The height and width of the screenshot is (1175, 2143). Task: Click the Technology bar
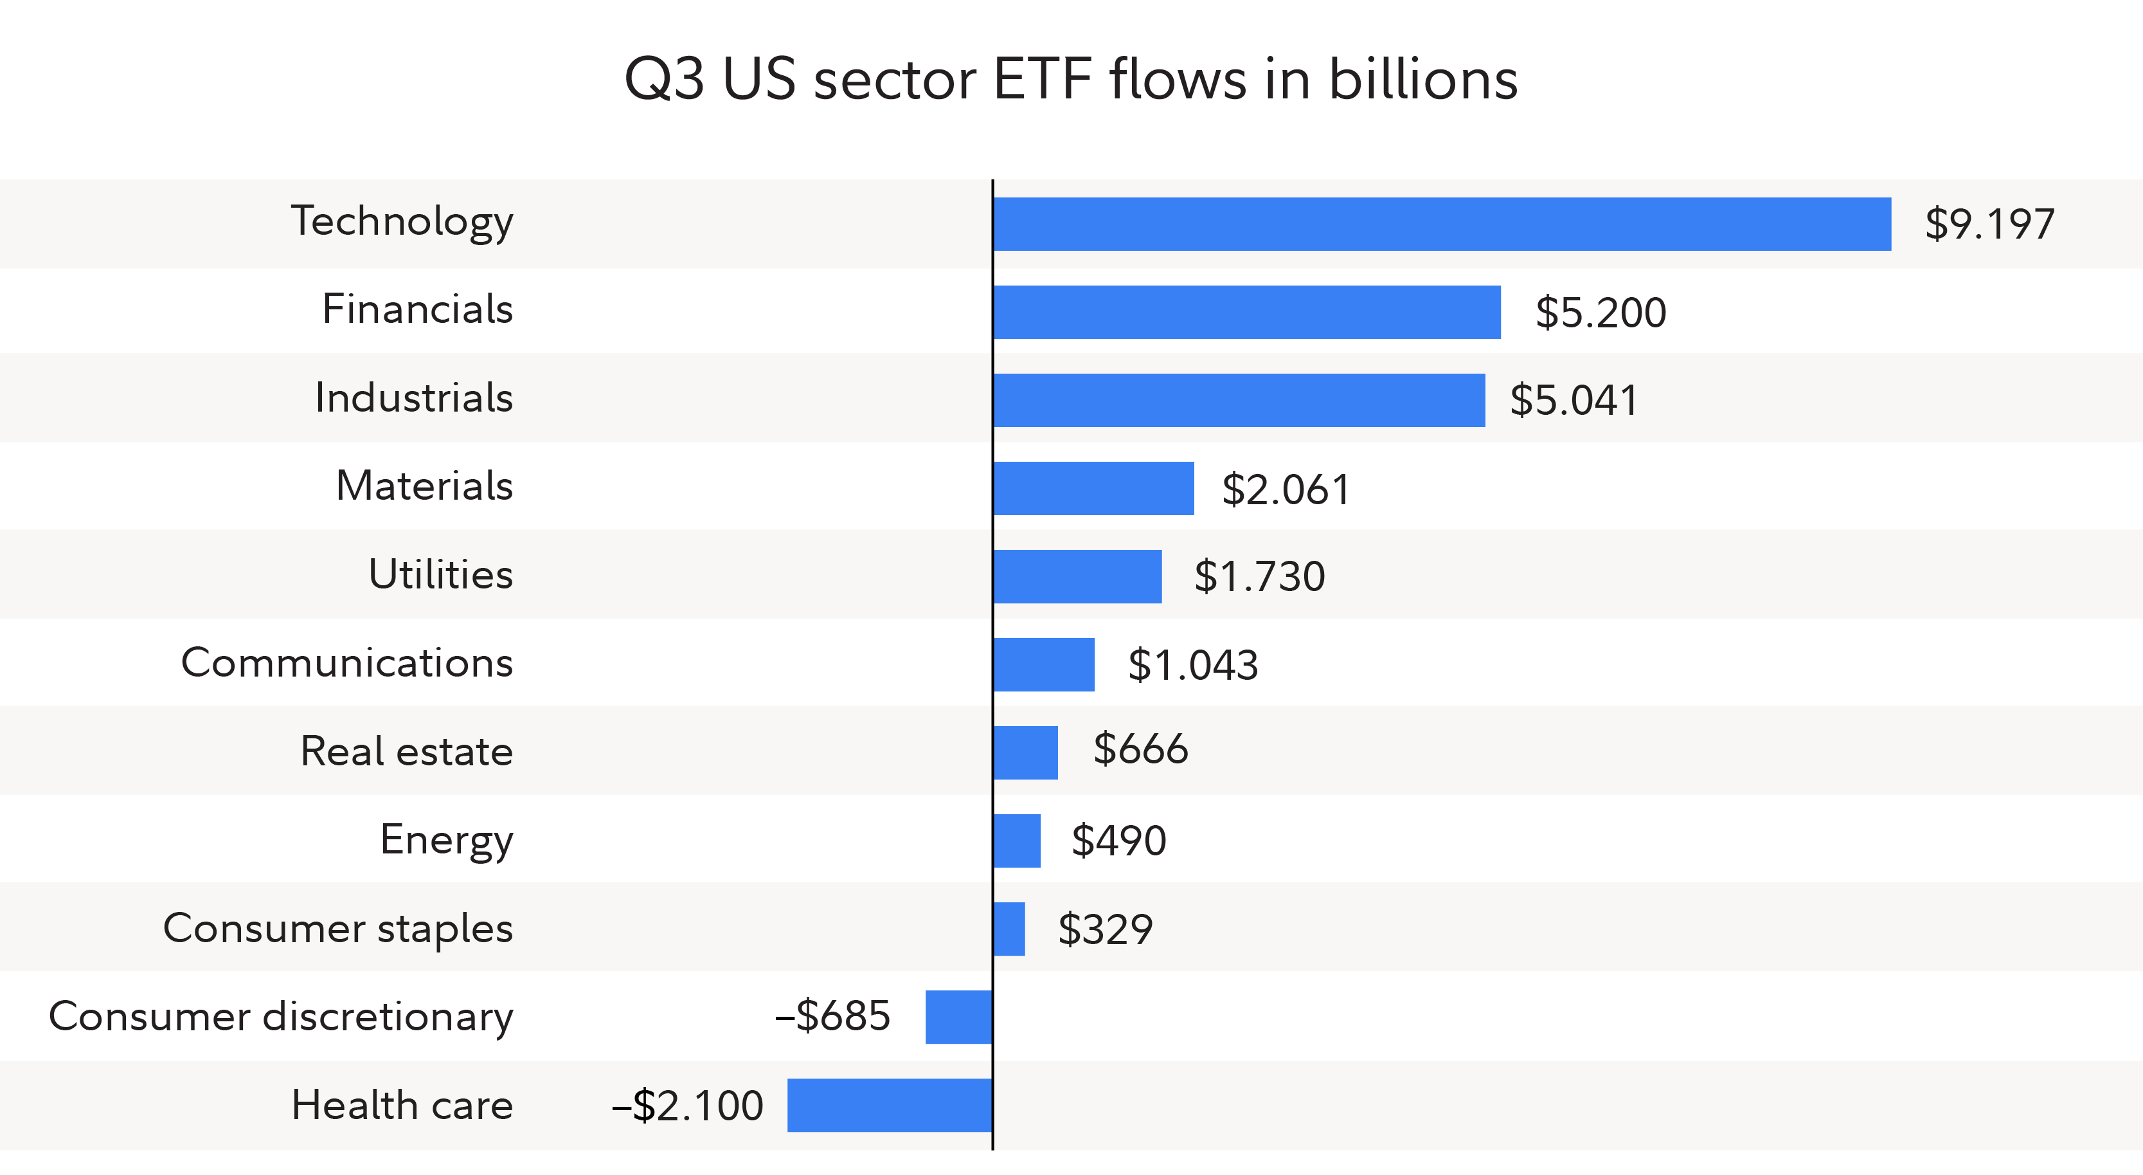pyautogui.click(x=1442, y=224)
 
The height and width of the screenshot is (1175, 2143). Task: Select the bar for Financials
pyautogui.click(x=1247, y=312)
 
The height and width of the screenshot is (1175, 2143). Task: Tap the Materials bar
pyautogui.click(x=1093, y=489)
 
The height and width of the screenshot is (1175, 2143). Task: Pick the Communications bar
pyautogui.click(x=1044, y=665)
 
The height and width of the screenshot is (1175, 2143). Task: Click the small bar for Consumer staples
pyautogui.click(x=1009, y=929)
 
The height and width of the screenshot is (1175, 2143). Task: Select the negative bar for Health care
pyautogui.click(x=890, y=1105)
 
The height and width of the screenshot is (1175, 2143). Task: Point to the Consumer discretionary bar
pyautogui.click(x=958, y=1017)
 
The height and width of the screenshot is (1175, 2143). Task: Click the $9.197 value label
pyautogui.click(x=1989, y=224)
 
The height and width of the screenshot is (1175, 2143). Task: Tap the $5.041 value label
pyautogui.click(x=1573, y=400)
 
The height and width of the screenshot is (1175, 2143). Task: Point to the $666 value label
pyautogui.click(x=1140, y=749)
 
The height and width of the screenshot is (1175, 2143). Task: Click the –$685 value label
pyautogui.click(x=833, y=1016)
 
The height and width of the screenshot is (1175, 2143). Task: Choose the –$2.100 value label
pyautogui.click(x=687, y=1106)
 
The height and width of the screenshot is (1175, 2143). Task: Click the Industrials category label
pyautogui.click(x=413, y=397)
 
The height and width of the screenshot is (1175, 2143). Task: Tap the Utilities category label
pyautogui.click(x=440, y=574)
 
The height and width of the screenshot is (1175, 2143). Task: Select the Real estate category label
pyautogui.click(x=406, y=751)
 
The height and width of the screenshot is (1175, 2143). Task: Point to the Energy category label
pyautogui.click(x=446, y=841)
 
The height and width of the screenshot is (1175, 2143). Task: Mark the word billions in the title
pyautogui.click(x=1422, y=80)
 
